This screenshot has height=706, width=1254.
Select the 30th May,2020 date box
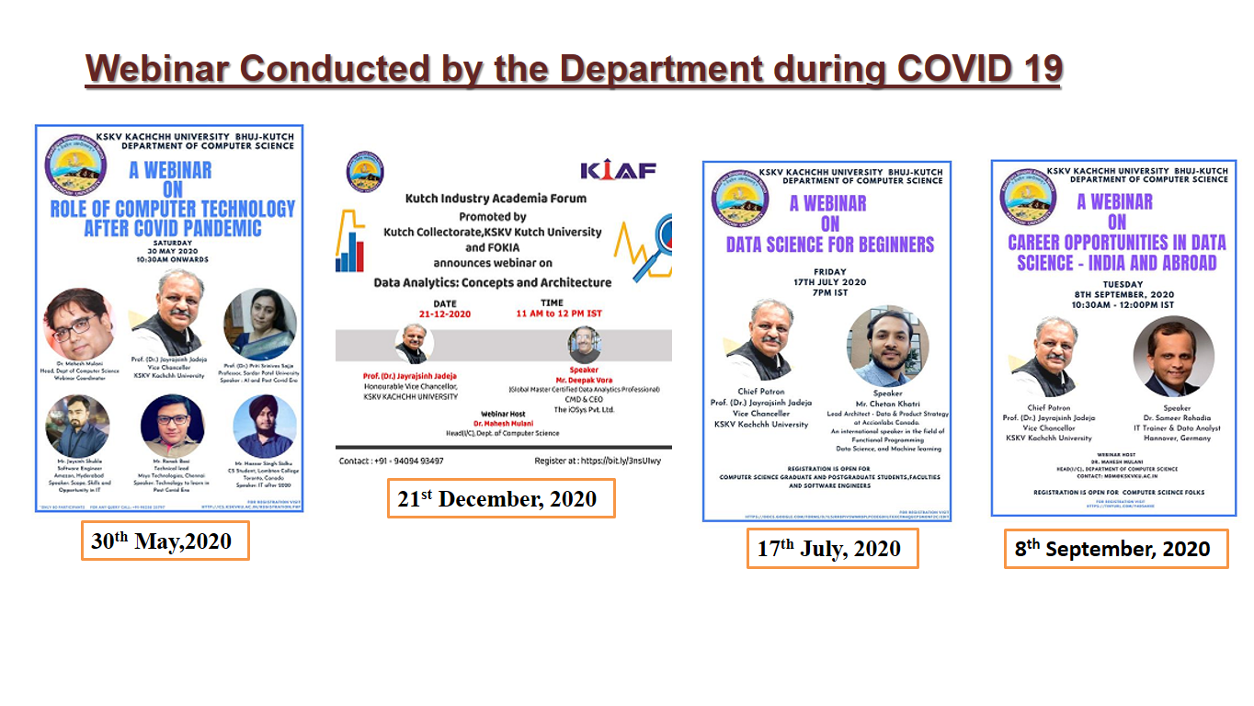coord(165,541)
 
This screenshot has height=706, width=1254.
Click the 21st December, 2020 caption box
coord(499,498)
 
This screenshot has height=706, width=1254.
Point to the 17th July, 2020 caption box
coord(831,549)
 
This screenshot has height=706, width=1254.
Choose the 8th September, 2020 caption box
coord(1114,549)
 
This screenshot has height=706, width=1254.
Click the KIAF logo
coord(618,171)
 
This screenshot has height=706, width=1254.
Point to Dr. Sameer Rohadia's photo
coord(1173,356)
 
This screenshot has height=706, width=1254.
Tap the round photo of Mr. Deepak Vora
coord(584,345)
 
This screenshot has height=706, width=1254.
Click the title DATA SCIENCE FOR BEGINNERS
coord(829,245)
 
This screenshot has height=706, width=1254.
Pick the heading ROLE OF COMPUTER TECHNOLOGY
coord(173,209)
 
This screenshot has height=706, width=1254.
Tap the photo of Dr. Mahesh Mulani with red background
coord(78,324)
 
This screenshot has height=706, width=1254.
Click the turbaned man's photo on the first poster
coord(264,426)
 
